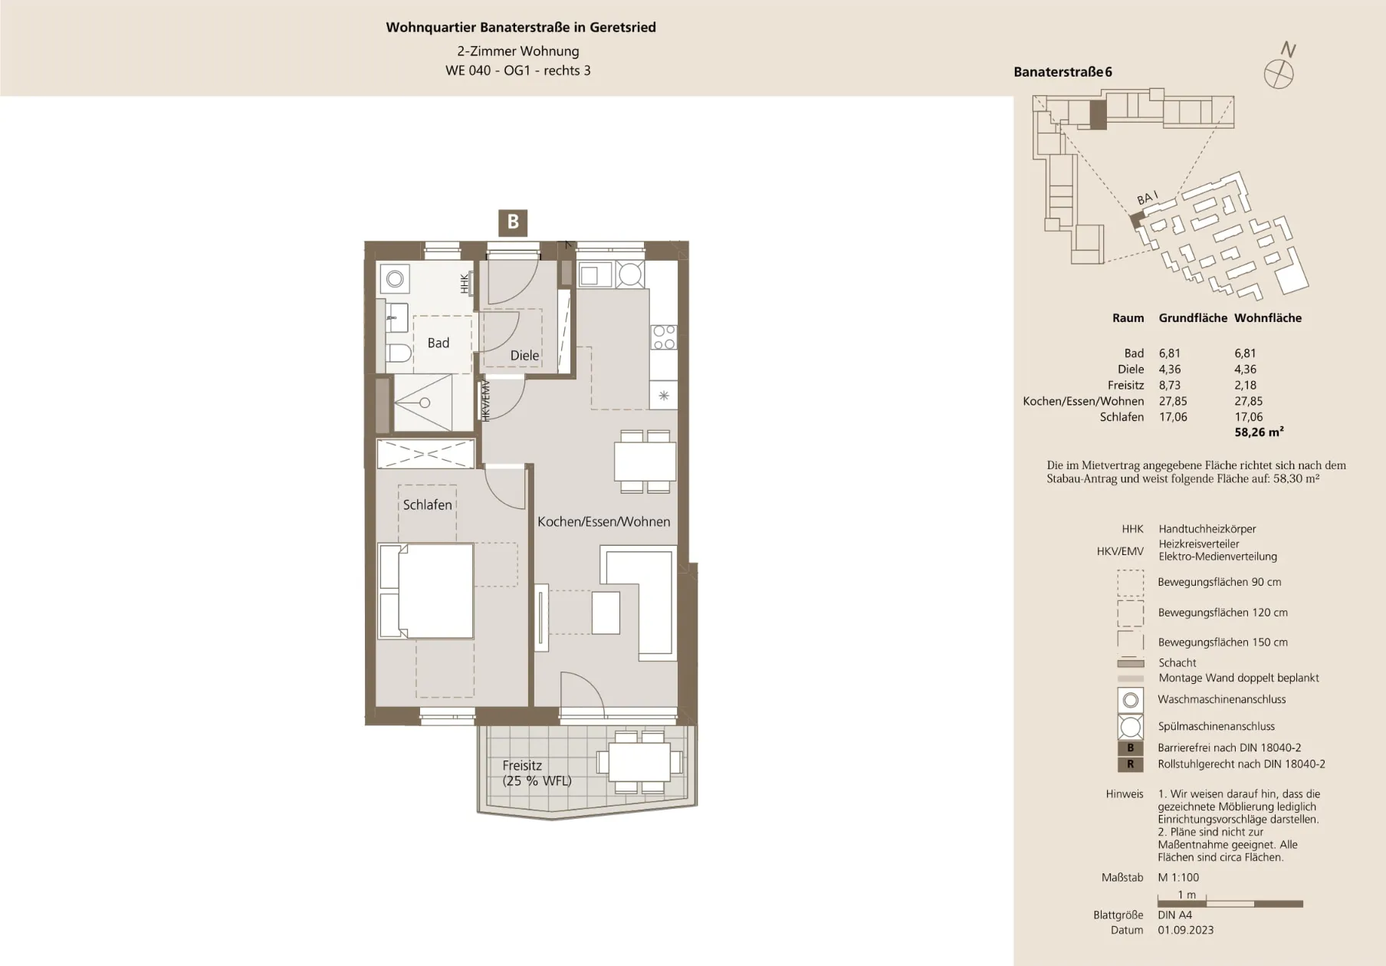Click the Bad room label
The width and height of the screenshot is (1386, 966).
(x=438, y=343)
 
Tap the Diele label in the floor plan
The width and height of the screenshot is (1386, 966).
(x=524, y=355)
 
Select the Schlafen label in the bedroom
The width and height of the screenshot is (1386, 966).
(x=427, y=504)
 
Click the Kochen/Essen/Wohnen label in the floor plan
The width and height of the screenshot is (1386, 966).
(x=603, y=521)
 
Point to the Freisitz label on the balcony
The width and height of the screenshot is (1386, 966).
(x=522, y=765)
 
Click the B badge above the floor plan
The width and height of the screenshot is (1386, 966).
(x=513, y=222)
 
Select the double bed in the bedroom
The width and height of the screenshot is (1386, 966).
(x=425, y=590)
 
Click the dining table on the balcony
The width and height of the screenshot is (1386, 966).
(x=639, y=762)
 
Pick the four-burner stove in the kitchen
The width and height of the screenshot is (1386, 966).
(x=664, y=337)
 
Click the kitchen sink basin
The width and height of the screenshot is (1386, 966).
(x=590, y=274)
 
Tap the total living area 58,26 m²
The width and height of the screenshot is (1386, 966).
(x=1259, y=432)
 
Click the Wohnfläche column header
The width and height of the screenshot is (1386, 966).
(x=1268, y=317)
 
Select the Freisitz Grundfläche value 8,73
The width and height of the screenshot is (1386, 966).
(x=1170, y=385)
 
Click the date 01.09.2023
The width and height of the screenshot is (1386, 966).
(x=1186, y=930)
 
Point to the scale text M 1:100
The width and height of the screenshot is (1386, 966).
(x=1178, y=877)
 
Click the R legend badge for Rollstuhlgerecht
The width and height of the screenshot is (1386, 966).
(x=1130, y=764)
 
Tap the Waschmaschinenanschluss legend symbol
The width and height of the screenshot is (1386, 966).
(x=1130, y=700)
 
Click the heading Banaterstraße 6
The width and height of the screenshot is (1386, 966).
(x=1062, y=72)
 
